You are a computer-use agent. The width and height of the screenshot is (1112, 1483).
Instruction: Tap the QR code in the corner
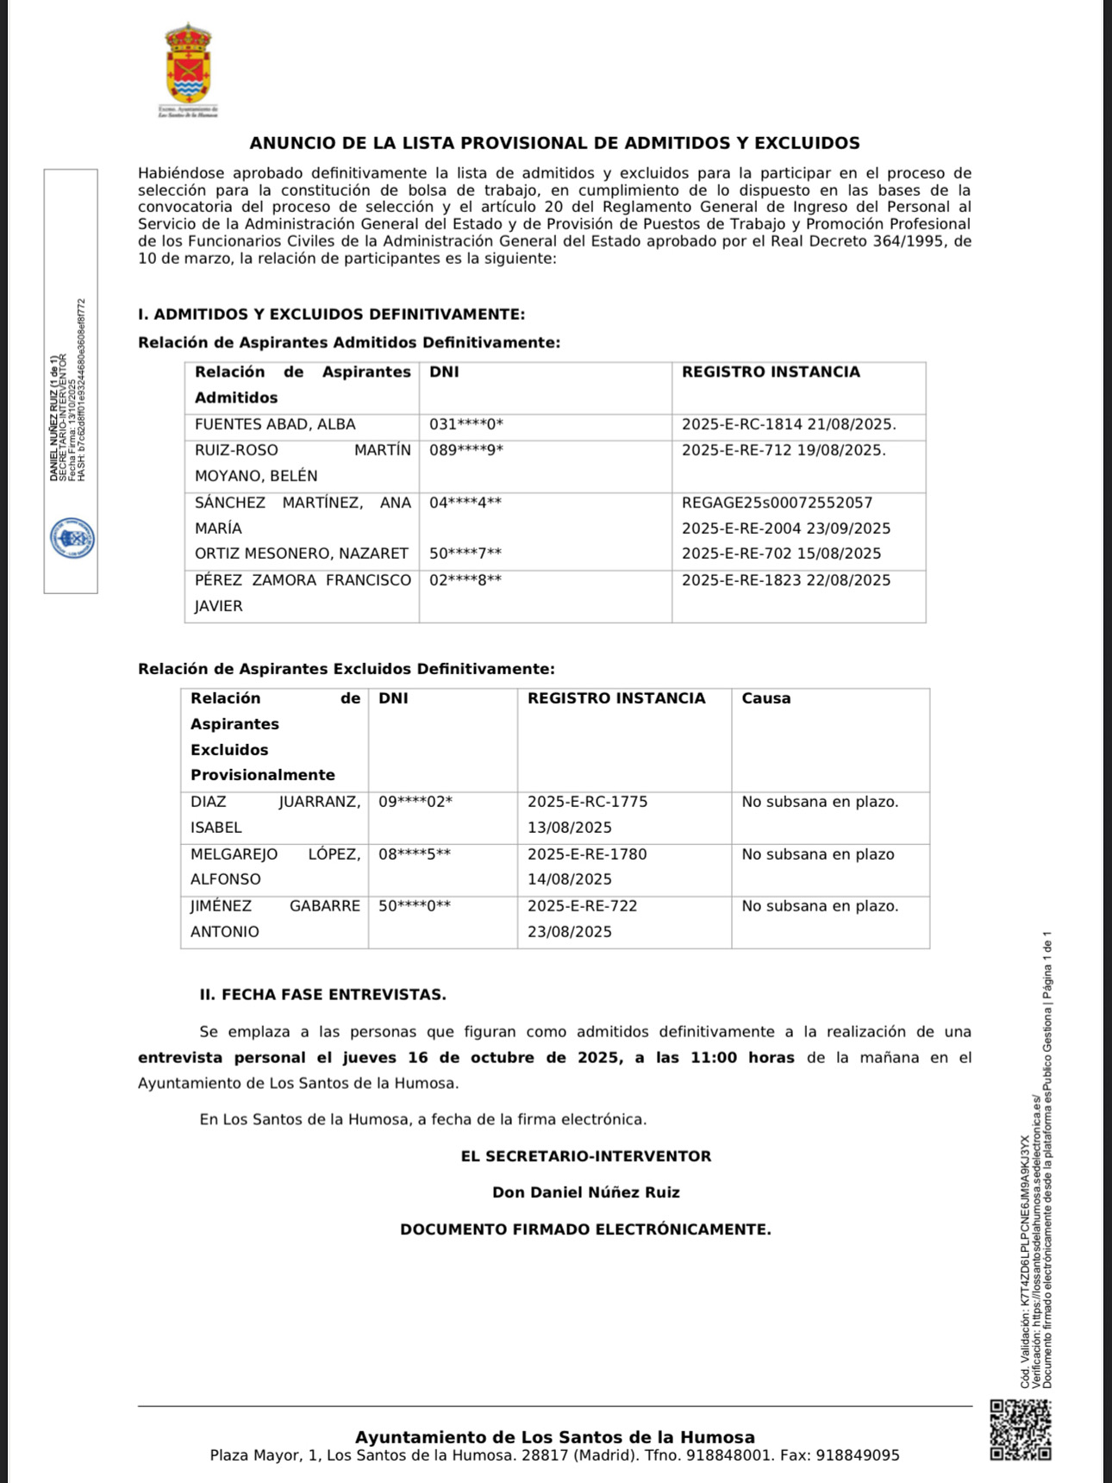[x=1020, y=1430]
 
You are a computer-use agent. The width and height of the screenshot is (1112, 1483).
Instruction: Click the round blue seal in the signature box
[x=72, y=539]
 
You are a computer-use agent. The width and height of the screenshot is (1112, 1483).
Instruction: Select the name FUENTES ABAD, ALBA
[x=275, y=424]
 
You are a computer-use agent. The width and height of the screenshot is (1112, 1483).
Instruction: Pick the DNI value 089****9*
[x=466, y=450]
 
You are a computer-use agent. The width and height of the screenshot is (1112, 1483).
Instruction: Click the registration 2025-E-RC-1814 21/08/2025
[x=789, y=424]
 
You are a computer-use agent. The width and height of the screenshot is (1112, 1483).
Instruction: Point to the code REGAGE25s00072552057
[x=777, y=503]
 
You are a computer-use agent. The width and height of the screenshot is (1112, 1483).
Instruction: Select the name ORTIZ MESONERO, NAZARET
[x=302, y=554]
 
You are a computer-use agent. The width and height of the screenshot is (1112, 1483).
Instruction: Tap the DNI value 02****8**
[x=465, y=580]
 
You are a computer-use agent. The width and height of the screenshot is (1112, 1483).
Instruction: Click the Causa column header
[x=765, y=698]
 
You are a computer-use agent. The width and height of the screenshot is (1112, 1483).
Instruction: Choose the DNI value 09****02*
[x=415, y=802]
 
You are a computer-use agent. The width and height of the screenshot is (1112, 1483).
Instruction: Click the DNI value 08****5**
[x=415, y=854]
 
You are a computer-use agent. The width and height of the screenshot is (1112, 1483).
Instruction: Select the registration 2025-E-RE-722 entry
[x=583, y=906]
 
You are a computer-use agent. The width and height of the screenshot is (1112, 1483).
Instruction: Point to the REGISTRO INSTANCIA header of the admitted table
[x=771, y=372]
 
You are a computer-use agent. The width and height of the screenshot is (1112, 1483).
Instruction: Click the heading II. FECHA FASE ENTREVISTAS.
[x=323, y=995]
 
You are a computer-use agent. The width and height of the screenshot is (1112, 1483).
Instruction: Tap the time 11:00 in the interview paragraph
[x=714, y=1058]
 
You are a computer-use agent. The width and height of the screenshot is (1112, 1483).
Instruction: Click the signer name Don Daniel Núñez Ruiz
[x=586, y=1193]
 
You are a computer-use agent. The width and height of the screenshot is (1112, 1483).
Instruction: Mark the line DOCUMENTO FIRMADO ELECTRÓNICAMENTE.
[x=585, y=1230]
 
